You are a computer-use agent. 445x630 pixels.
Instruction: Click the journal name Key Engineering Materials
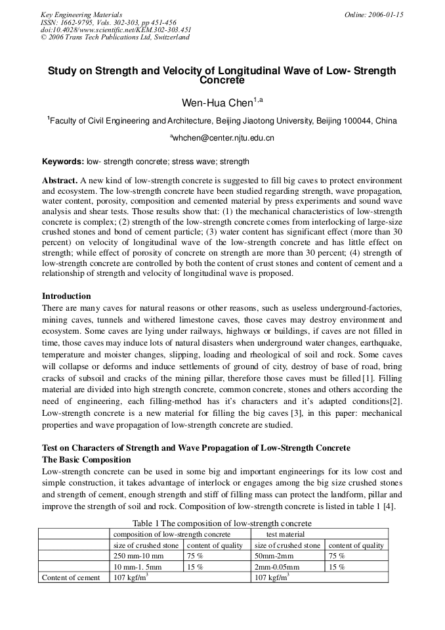[x=81, y=14]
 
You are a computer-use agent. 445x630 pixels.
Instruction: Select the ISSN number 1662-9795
[x=75, y=22]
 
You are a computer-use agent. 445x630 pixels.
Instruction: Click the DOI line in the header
[x=116, y=30]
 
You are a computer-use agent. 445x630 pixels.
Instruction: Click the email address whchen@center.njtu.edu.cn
[x=223, y=138]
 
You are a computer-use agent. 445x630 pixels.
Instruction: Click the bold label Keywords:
[x=63, y=162]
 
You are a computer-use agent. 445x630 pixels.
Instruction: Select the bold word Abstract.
[x=60, y=180]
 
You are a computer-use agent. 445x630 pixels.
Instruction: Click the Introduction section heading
[x=66, y=296]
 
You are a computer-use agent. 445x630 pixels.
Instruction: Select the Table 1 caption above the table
[x=222, y=524]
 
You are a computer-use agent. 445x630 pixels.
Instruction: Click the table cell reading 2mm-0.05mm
[x=276, y=567]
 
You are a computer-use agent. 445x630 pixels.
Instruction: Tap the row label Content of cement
[x=71, y=577]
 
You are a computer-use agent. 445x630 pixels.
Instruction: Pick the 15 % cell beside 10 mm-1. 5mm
[x=195, y=567]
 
